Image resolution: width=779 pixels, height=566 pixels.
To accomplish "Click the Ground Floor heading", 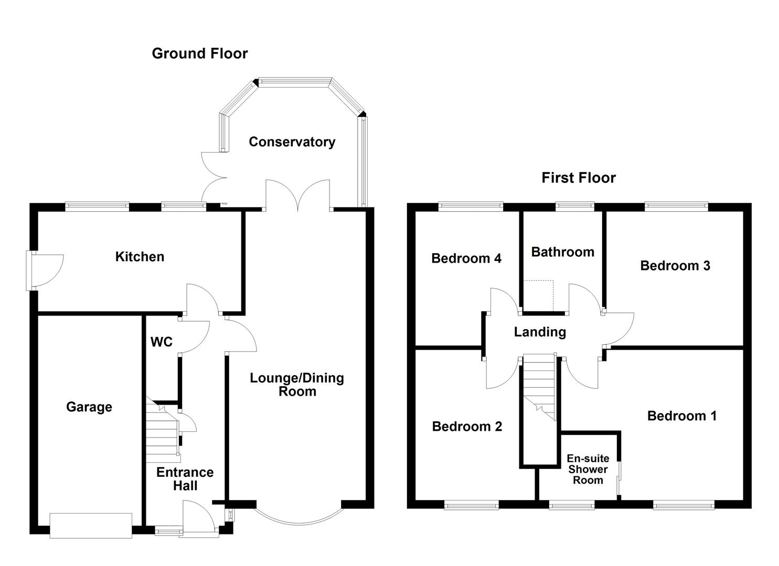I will [199, 53].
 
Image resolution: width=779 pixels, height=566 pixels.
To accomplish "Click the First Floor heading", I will [578, 178].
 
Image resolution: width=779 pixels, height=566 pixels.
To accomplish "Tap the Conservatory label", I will [292, 142].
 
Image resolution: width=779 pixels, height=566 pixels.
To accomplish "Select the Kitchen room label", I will [140, 257].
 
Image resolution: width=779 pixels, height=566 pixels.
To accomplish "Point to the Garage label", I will [89, 407].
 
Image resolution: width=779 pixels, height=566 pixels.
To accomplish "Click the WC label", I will [161, 342].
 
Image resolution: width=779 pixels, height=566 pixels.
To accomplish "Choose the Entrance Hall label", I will [185, 479].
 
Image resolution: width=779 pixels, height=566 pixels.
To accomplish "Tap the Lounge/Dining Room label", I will [297, 385].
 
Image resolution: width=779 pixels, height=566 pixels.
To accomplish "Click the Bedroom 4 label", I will [466, 258].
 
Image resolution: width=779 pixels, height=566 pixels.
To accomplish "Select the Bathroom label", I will [562, 252].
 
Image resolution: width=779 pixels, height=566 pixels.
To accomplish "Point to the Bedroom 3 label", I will [675, 266].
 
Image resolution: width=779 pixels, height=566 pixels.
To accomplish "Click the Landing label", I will [540, 332].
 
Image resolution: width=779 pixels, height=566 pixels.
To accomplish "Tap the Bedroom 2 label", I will [467, 427].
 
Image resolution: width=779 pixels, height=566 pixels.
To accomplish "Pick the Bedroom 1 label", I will [681, 416].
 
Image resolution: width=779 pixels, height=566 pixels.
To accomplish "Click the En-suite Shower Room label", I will [588, 470].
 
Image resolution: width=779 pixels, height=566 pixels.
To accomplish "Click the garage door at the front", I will [91, 525].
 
